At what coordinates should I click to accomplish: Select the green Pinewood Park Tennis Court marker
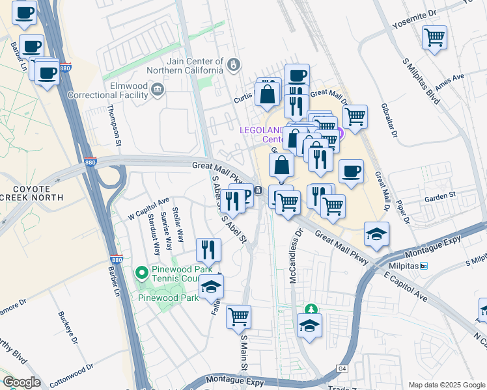pyautogui.click(x=141, y=272)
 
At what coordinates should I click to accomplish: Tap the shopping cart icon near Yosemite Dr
pyautogui.click(x=434, y=36)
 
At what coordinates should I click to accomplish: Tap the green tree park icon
pyautogui.click(x=311, y=307)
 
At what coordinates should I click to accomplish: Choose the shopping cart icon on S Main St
pyautogui.click(x=239, y=316)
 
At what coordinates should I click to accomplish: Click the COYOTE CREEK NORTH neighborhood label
pyautogui.click(x=31, y=192)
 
